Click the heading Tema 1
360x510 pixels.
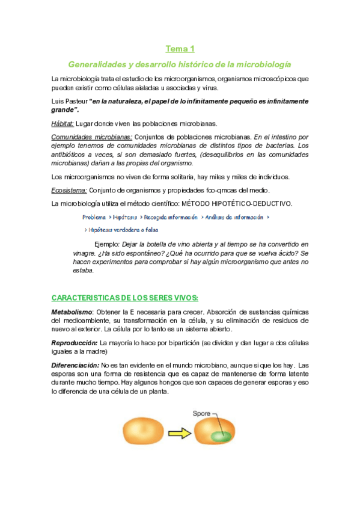tap(180, 49)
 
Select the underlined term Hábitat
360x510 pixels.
tap(63, 124)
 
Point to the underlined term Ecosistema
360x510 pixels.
tap(69, 190)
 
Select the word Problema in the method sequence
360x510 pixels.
tap(94, 217)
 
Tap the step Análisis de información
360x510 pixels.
tap(234, 217)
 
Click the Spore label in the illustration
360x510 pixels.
tap(201, 414)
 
